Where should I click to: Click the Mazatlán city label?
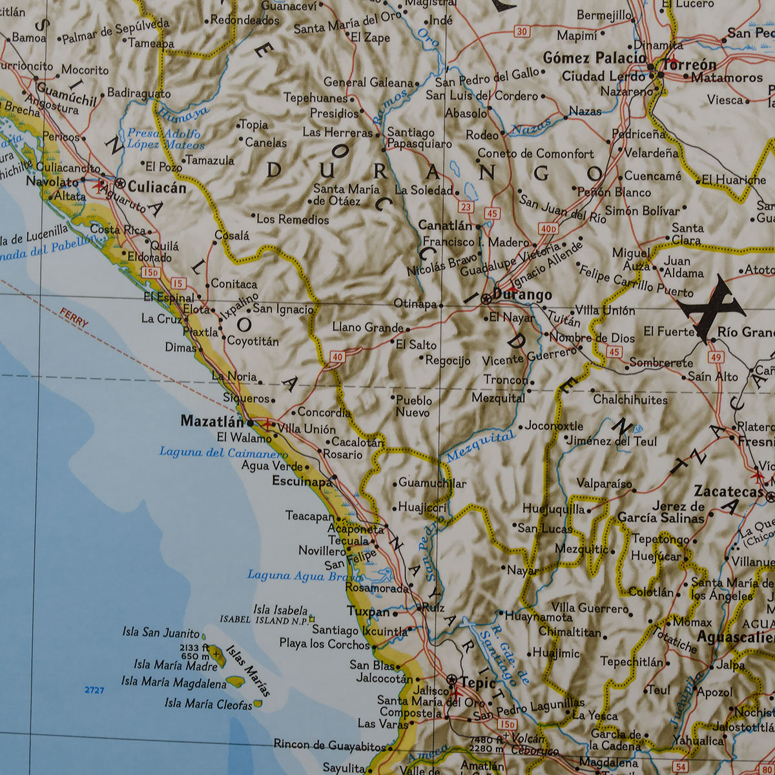(212, 422)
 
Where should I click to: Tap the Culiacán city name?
(157, 187)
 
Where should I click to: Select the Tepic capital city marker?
(451, 679)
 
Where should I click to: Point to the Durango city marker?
(486, 298)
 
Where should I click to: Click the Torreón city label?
(690, 65)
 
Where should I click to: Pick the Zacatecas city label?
(728, 491)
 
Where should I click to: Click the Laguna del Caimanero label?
(214, 452)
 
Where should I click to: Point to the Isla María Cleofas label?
(208, 703)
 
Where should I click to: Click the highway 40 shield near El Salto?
(336, 356)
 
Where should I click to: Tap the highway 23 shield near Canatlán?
(466, 207)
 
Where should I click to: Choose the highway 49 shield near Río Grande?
(716, 356)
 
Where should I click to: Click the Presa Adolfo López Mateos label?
(165, 139)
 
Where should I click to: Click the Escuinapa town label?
(302, 480)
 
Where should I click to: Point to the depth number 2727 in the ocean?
(94, 690)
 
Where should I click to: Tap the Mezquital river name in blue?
(481, 446)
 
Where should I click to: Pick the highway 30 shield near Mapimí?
(522, 31)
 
